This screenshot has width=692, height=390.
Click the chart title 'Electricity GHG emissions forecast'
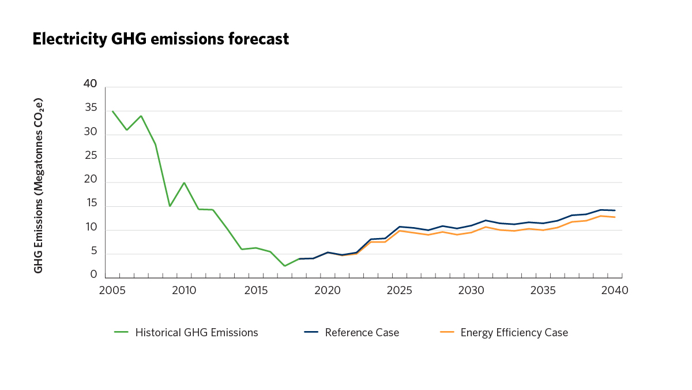160,39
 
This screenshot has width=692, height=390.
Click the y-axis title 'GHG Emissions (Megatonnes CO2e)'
39,185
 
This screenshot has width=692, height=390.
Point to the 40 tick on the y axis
90,84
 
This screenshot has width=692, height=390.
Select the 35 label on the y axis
90,109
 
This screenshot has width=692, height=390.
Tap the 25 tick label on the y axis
90,157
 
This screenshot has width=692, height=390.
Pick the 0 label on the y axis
93,275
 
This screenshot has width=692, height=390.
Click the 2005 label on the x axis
111,291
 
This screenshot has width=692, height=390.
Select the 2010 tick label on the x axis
183,291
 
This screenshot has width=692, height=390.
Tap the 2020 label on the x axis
327,291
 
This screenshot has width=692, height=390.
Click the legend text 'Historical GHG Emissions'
197,333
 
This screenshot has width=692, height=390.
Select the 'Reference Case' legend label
362,333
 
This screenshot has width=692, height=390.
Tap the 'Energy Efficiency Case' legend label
514,333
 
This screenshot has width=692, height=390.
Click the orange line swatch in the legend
447,332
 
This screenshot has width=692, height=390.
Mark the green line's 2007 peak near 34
141,116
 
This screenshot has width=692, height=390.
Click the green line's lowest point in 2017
285,266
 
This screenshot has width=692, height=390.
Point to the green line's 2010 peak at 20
184,183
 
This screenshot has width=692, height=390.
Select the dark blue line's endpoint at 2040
615,210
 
